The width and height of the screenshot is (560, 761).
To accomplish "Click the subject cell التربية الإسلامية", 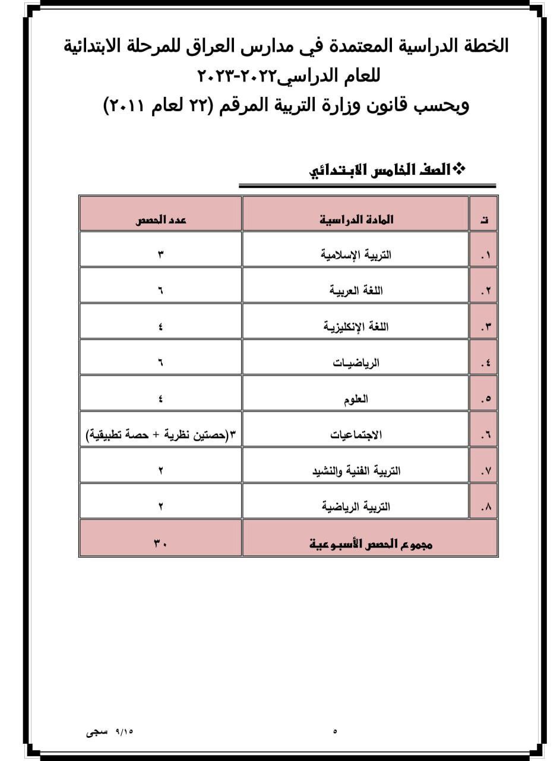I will click(356, 255).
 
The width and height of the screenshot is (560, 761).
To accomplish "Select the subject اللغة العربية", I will click(356, 291).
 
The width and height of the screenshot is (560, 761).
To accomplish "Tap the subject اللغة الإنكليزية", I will click(356, 326).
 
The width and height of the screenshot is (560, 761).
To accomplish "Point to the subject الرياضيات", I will click(356, 362).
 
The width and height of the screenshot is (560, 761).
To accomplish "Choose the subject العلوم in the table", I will click(356, 398).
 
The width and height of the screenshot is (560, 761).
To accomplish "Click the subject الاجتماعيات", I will click(356, 435).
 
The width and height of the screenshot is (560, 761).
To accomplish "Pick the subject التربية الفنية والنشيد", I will click(356, 471).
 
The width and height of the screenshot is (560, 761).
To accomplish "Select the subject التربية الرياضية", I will click(356, 507).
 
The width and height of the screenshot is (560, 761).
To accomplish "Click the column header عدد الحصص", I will click(160, 219).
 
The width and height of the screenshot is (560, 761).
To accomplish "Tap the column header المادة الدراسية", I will click(356, 219).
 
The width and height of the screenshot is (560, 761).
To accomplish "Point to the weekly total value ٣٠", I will click(160, 543).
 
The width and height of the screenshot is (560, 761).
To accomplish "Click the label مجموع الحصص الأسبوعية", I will click(371, 543).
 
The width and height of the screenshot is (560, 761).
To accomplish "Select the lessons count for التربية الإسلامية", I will click(160, 255).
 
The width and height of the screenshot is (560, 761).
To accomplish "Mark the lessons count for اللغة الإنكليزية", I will click(160, 326).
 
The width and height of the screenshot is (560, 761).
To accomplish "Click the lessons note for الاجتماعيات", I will click(160, 435).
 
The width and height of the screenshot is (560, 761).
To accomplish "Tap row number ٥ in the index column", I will click(486, 400).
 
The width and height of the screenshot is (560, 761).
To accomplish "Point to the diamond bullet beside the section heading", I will click(459, 169).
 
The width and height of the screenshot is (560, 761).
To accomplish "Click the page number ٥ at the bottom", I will click(335, 731).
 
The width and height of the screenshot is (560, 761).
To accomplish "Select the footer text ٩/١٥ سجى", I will click(110, 731).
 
